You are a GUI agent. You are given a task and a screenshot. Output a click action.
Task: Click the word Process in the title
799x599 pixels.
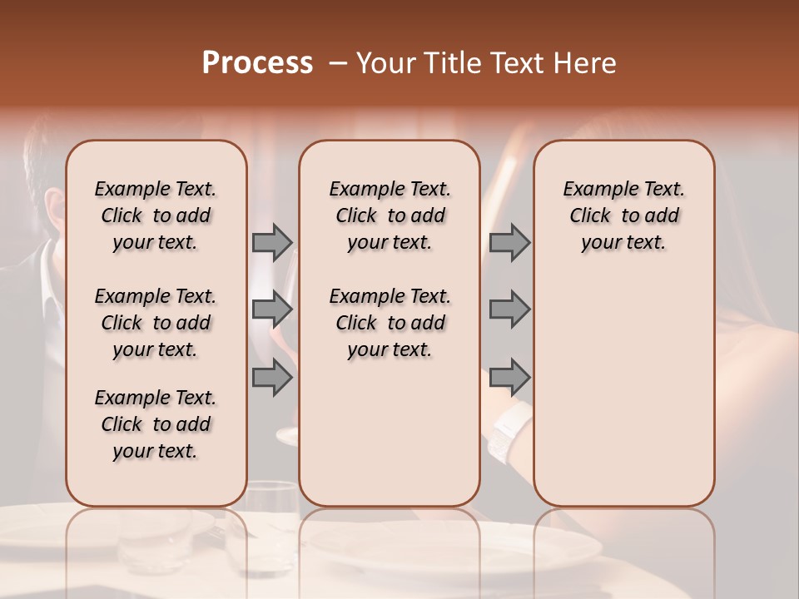point(257,63)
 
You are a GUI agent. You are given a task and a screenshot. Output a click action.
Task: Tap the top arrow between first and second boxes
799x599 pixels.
point(272,243)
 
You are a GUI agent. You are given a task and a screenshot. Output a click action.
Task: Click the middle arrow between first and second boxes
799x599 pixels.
point(272,310)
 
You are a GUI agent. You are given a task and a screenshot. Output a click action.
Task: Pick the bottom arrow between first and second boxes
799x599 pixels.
point(272,378)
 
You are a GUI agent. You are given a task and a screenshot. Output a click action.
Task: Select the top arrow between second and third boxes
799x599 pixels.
point(509,243)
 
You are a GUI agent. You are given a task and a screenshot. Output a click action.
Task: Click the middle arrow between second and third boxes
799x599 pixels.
point(509,310)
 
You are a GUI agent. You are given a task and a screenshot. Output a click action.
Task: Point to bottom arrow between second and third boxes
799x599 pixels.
point(509,378)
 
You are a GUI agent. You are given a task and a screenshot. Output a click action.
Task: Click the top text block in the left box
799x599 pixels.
point(156,216)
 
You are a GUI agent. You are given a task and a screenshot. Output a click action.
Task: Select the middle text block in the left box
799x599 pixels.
point(156,323)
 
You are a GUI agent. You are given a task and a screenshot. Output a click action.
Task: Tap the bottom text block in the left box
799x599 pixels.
point(156,424)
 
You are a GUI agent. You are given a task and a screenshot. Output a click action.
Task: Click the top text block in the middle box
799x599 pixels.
point(390,216)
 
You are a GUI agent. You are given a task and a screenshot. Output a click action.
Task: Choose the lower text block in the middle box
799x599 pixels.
point(390,323)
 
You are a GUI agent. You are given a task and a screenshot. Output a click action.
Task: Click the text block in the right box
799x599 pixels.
point(624,216)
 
